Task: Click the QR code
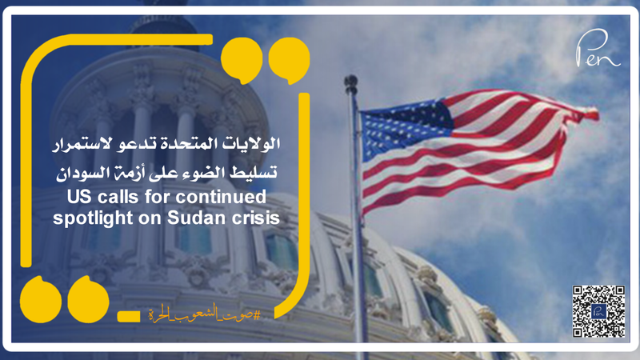[x=598, y=310]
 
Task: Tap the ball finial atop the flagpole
[x=350, y=80]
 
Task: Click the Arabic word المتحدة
[x=190, y=146]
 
